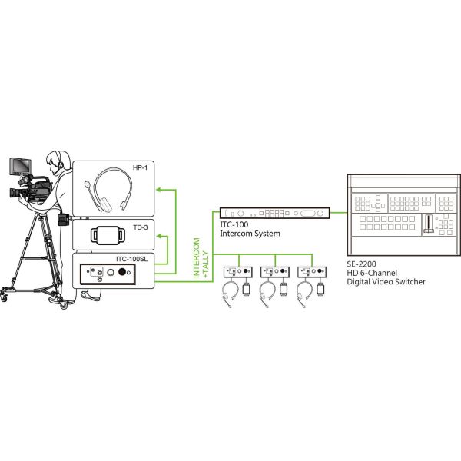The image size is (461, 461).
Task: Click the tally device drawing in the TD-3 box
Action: [109, 235]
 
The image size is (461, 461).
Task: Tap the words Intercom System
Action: [250, 233]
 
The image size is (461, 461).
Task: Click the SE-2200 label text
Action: [362, 265]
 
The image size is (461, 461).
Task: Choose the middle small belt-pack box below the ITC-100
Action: [275, 272]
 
